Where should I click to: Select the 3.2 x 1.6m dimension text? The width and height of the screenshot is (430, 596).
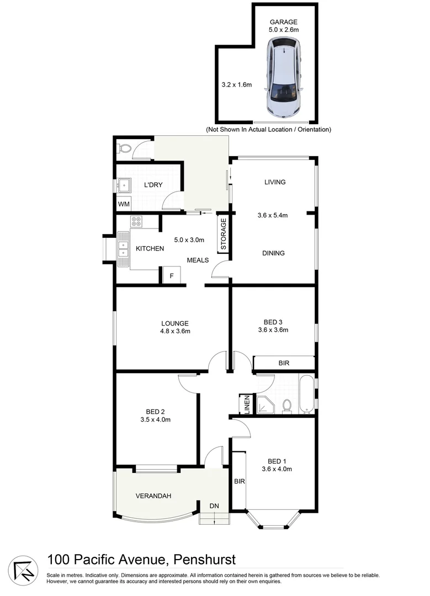pyautogui.click(x=236, y=85)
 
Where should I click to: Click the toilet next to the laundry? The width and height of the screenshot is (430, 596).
pyautogui.click(x=125, y=148)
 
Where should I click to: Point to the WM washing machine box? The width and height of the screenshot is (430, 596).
pyautogui.click(x=124, y=204)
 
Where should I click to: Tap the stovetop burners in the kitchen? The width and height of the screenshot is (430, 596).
pyautogui.click(x=136, y=222)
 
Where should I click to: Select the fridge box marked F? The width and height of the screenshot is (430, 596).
pyautogui.click(x=171, y=275)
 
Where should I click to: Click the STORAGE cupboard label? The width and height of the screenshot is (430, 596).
pyautogui.click(x=224, y=235)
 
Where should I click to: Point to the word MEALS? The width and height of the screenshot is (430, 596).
pyautogui.click(x=198, y=260)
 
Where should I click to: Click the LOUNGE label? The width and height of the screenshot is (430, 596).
pyautogui.click(x=175, y=323)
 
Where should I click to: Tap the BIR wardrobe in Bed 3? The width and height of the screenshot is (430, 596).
pyautogui.click(x=284, y=363)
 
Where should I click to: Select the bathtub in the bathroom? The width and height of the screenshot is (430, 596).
pyautogui.click(x=306, y=394)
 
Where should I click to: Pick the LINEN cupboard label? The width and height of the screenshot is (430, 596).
pyautogui.click(x=247, y=405)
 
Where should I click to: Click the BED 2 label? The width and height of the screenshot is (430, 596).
pyautogui.click(x=155, y=412)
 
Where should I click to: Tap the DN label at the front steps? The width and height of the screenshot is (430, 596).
pyautogui.click(x=214, y=506)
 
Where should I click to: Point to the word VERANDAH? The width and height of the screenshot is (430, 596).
pyautogui.click(x=153, y=496)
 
